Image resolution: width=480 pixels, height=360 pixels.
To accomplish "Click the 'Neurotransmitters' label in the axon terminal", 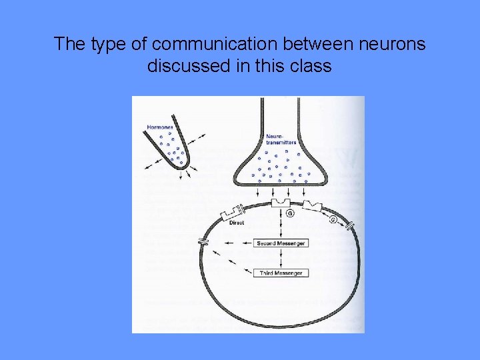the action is coord(281,139).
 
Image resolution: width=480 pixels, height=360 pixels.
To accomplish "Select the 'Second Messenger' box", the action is coord(281,243).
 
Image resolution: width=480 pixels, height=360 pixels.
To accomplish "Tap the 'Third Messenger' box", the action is coord(281,273).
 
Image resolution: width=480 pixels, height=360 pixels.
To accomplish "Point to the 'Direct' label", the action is coord(237,223).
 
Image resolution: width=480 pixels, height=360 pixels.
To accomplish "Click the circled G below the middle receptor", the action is coord(289,213).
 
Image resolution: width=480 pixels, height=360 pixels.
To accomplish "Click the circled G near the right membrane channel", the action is coord(333,219).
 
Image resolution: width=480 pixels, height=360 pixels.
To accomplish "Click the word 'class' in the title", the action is coord(311,67).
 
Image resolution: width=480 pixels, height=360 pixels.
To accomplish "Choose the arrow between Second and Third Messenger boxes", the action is coord(281,258).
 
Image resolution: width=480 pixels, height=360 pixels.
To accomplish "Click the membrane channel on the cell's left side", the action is coord(203,241).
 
